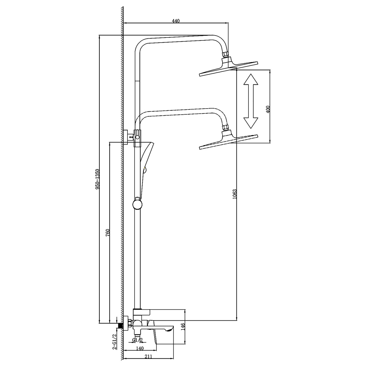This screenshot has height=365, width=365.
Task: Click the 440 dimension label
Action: (x=176, y=21)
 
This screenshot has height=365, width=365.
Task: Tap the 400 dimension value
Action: (x=268, y=109)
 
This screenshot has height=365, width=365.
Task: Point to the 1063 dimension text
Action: (x=235, y=194)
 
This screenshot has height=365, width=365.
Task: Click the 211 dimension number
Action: (x=148, y=357)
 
